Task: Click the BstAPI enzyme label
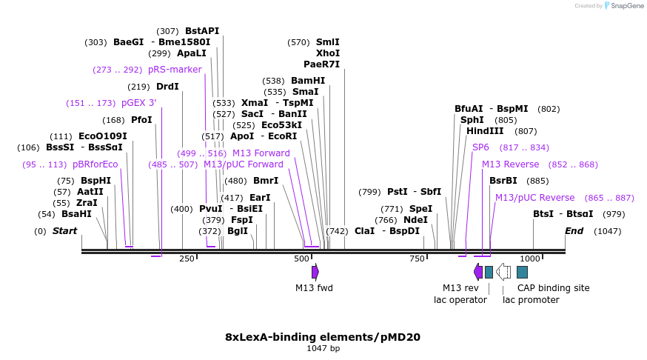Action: tap(202, 31)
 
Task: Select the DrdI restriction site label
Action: tap(167, 87)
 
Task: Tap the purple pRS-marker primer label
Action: tap(175, 70)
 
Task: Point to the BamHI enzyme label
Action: tap(308, 81)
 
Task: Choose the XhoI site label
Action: tap(328, 53)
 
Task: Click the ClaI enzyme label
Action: tap(364, 231)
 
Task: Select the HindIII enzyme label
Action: tap(485, 131)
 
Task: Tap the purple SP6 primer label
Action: tap(480, 147)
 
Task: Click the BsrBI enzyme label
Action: tap(503, 181)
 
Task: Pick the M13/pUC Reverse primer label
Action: tap(534, 198)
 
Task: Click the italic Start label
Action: tap(64, 231)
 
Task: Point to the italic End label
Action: tap(574, 231)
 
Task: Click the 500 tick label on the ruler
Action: tap(301, 259)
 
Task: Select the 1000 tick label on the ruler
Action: tap(530, 259)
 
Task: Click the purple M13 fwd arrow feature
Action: tap(315, 272)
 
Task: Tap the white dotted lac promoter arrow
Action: tap(503, 272)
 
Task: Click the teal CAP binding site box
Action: tap(523, 272)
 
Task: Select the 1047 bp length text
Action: tap(323, 348)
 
